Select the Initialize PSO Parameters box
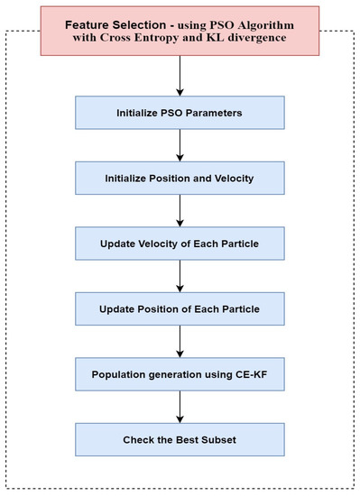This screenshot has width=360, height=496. coord(180,115)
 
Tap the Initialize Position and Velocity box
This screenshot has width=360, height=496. coord(180,178)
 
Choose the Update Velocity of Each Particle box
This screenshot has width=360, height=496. coord(180,244)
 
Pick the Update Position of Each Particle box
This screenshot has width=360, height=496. coord(180,309)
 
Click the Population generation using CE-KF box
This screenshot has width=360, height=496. coord(180,374)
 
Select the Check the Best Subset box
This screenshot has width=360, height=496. coord(180,439)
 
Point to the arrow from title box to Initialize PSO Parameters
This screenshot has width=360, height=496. coord(180,78)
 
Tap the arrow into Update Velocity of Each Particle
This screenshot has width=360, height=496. coord(180,211)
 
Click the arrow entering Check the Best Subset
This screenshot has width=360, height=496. coord(180,407)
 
